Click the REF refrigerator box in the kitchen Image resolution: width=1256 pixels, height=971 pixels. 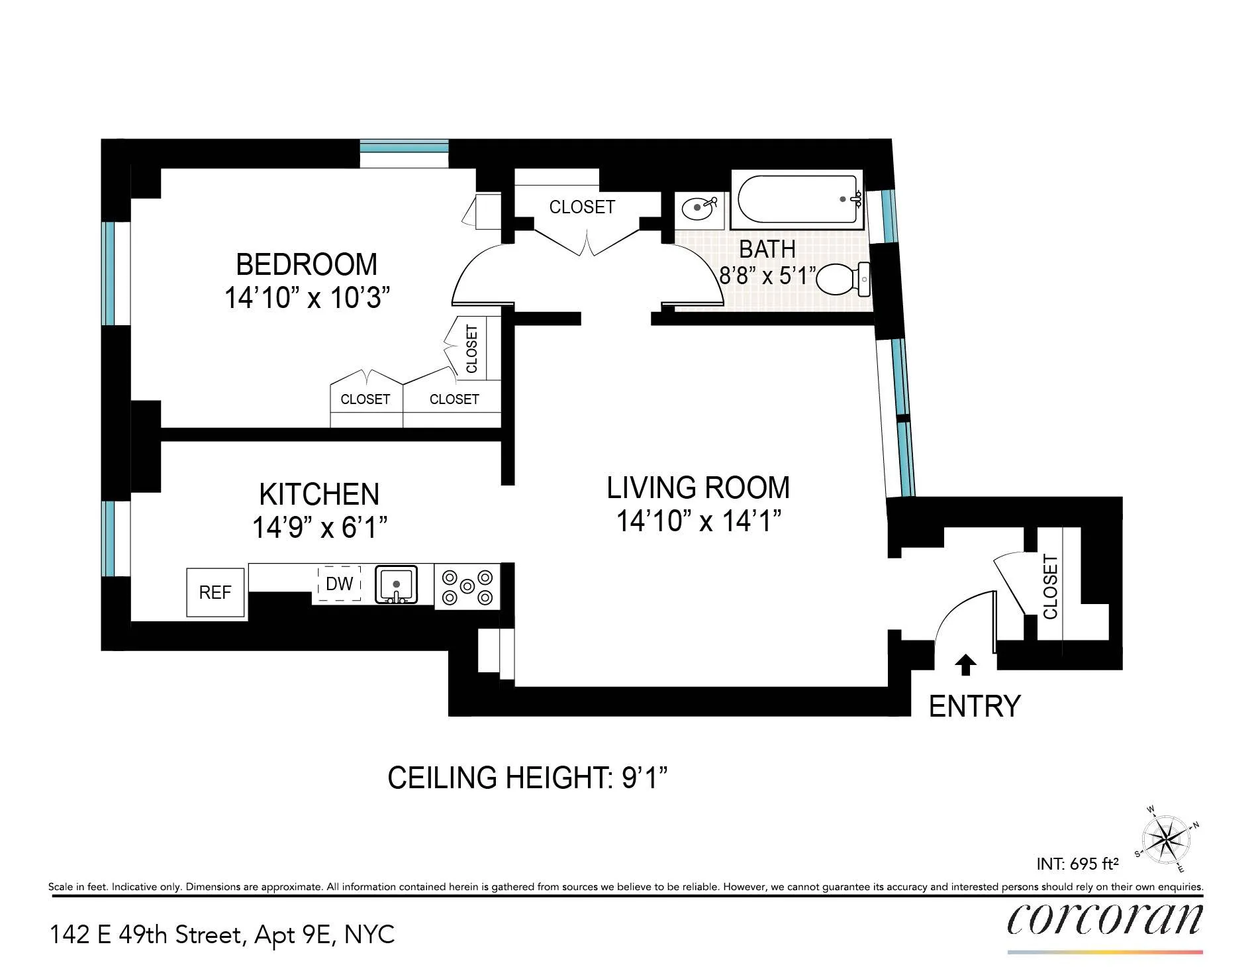215,592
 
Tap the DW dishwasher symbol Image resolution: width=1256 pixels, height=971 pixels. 339,584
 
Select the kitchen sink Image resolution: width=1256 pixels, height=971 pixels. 396,584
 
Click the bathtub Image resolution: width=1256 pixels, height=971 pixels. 797,198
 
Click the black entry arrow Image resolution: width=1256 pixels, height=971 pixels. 965,664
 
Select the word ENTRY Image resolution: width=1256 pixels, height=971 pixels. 974,706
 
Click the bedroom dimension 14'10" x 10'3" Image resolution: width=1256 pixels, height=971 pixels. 307,298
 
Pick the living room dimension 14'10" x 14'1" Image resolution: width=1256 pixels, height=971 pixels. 699,521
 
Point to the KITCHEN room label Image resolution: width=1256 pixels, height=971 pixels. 319,494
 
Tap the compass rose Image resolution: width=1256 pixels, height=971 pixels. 1167,839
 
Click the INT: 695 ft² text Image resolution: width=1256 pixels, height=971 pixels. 1077,864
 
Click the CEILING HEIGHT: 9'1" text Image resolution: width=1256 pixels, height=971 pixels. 527,778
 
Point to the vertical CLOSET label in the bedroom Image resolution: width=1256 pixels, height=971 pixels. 472,348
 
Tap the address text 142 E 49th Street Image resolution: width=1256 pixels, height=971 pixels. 146,935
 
